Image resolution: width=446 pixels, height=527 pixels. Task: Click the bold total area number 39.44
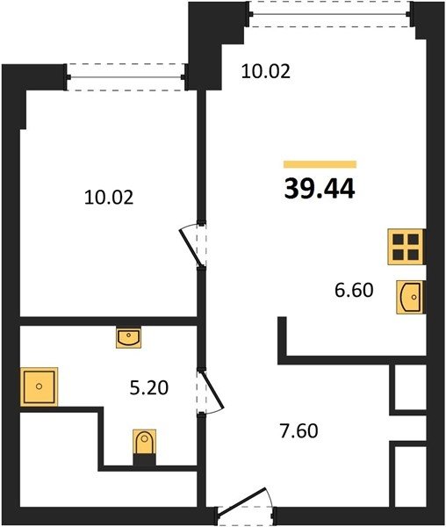[x=320, y=189]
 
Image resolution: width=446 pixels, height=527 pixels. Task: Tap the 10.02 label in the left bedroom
[x=109, y=198]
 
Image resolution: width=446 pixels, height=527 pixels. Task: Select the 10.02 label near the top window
[x=266, y=72]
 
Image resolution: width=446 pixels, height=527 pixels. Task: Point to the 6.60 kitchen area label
[x=354, y=290]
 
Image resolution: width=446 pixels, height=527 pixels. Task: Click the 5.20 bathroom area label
[x=149, y=388]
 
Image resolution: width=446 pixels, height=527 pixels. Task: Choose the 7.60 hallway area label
[x=299, y=431]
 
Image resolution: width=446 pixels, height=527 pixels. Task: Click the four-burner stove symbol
[x=406, y=247]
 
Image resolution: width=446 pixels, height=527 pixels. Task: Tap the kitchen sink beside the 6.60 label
[x=410, y=297]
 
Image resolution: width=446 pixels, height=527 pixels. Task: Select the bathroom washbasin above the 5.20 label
[x=129, y=338]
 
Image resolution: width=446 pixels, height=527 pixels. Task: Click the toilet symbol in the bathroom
[x=144, y=447]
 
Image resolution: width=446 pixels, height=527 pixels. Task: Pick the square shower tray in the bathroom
[x=39, y=386]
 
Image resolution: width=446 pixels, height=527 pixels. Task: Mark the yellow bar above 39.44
[x=320, y=164]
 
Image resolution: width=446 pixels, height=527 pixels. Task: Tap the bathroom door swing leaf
[x=211, y=388]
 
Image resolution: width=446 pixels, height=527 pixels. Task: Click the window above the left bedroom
[x=126, y=77]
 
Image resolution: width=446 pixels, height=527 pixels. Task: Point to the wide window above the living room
[x=330, y=14]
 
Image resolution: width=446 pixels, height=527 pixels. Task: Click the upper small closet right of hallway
[x=410, y=386]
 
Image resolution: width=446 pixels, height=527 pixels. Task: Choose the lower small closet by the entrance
[x=410, y=476]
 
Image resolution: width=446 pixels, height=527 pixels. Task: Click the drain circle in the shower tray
[x=39, y=386]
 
